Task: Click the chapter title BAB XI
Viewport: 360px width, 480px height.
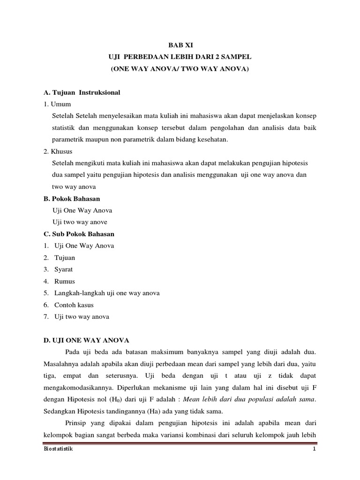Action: tap(180, 45)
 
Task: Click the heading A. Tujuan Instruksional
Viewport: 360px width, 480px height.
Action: tap(82, 92)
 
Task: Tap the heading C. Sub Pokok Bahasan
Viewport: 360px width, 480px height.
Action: tap(79, 233)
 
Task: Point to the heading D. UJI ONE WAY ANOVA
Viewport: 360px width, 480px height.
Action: tap(86, 340)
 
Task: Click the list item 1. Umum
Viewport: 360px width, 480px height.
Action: tap(56, 104)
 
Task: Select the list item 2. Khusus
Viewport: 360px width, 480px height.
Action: tap(58, 151)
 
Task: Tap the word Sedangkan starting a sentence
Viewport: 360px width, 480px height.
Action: tap(60, 412)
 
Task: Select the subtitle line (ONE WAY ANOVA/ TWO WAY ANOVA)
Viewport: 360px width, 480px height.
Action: tap(180, 69)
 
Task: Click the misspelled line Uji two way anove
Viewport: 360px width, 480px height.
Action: tap(81, 222)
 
